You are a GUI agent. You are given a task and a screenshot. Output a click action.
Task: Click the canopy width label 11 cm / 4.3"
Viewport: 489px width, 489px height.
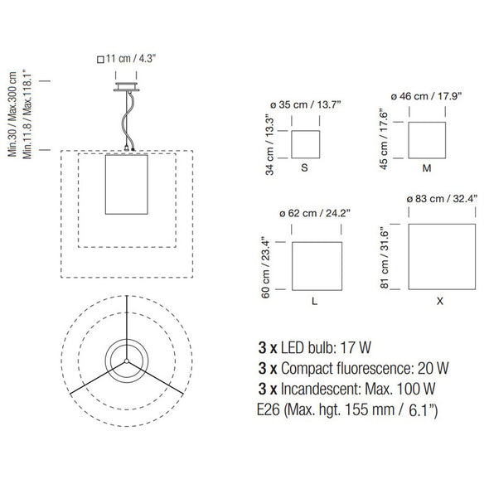point(131,58)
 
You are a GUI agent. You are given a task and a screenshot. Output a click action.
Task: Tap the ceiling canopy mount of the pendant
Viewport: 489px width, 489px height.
point(126,87)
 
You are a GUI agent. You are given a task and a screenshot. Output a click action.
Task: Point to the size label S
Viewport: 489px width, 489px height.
point(304,167)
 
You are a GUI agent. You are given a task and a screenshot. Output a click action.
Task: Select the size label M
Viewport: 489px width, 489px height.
point(427,168)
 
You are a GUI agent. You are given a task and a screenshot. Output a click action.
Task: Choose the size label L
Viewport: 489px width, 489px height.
point(314,301)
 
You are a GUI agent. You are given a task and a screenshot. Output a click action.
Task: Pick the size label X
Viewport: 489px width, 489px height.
point(440,301)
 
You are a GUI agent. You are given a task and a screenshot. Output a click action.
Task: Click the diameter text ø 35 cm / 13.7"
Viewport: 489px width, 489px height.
point(306,104)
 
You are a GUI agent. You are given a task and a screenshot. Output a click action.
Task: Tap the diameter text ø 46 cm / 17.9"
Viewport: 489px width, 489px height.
point(426,96)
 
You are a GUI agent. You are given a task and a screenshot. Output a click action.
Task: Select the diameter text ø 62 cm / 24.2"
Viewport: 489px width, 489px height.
point(315,213)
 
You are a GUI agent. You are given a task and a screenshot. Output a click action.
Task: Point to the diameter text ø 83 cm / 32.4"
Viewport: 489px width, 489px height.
point(442,199)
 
